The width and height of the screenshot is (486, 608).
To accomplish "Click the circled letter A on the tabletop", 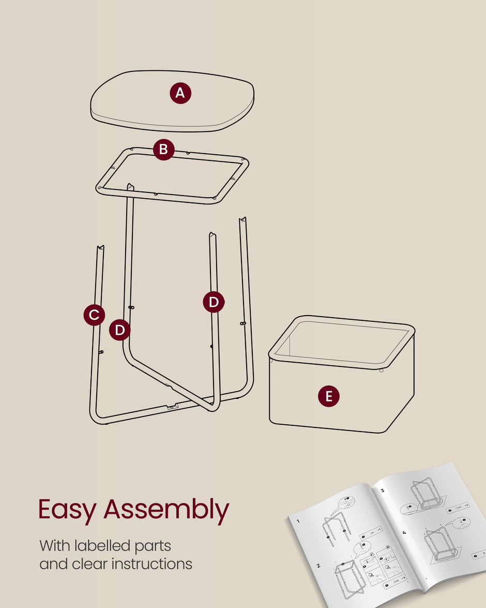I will pos(180,93).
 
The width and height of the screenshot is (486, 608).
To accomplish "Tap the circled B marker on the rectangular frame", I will pos(163,150).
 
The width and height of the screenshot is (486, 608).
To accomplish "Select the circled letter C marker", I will pos(94,315).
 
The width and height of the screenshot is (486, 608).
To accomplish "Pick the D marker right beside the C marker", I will pos(120,330).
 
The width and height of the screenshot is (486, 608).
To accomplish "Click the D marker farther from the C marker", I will pos(214,302).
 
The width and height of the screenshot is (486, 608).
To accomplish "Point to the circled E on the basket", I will pos(329,397).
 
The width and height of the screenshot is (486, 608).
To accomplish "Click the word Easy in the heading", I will pos(67,510).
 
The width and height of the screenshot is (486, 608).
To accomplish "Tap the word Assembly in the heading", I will pos(166,510).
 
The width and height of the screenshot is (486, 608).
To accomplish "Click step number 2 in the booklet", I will pos(318,567).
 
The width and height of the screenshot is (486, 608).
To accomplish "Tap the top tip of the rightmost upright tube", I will pos(242,220).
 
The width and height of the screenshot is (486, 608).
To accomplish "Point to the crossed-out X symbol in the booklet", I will pos(388,550).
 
